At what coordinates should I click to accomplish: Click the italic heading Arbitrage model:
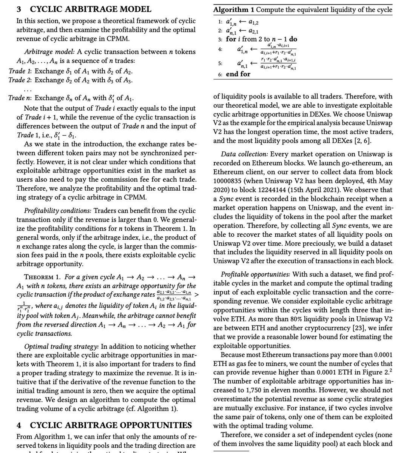point(48,51)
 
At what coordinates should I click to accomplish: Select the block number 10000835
point(230,181)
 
